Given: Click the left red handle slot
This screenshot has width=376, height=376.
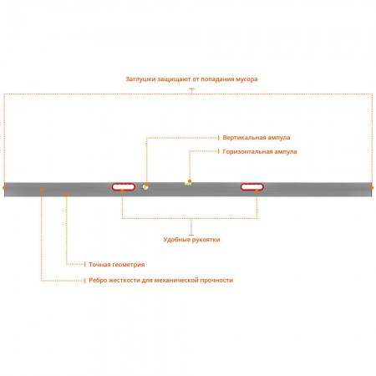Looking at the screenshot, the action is [124, 186].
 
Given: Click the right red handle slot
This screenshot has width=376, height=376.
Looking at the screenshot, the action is [252, 186].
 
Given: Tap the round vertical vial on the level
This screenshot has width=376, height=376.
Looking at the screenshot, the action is [145, 187].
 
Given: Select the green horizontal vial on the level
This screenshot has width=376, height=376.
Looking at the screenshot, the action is [188, 183].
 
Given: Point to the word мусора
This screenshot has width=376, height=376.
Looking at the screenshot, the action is [246, 79].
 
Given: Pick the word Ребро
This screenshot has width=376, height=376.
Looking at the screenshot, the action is [98, 280].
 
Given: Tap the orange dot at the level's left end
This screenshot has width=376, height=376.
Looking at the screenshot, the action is [4, 188].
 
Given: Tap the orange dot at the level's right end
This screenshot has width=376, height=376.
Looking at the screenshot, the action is [372, 188].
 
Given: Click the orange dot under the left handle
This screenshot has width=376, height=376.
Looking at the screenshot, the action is [122, 191].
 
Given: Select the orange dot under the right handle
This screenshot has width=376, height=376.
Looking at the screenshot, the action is [257, 191].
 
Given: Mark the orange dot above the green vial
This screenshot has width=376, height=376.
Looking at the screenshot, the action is [190, 181].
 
